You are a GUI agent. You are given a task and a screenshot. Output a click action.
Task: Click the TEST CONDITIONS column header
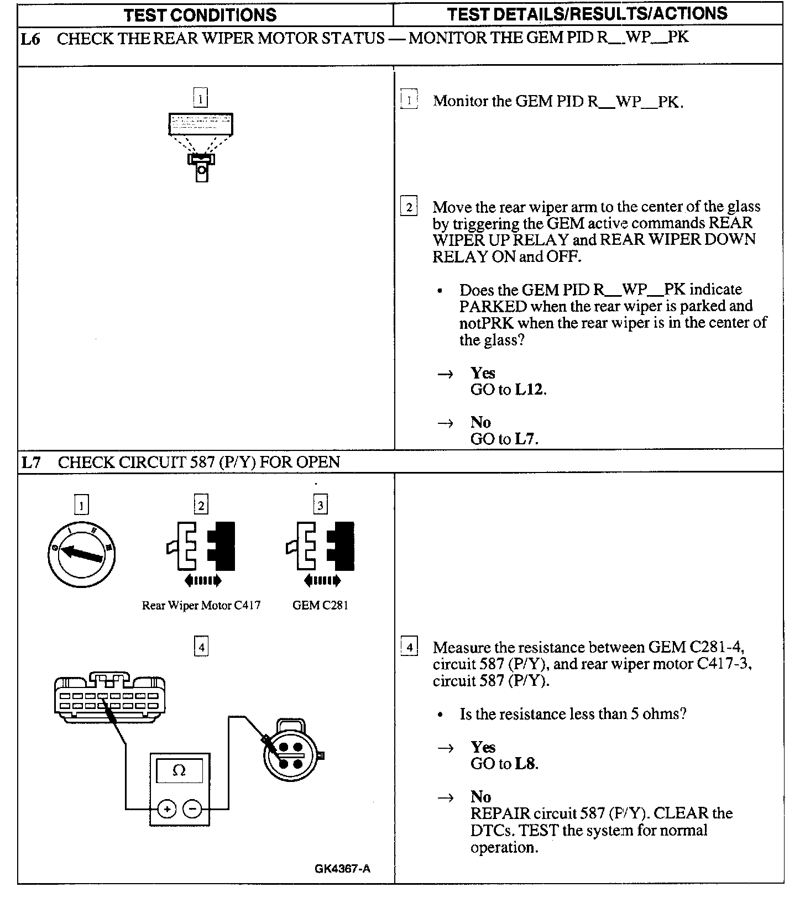[x=200, y=14]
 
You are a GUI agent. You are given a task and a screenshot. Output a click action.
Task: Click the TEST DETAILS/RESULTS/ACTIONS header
[x=587, y=14]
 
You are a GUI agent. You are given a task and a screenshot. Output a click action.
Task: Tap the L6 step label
[x=30, y=39]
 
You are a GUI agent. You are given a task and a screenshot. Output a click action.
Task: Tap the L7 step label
[x=31, y=462]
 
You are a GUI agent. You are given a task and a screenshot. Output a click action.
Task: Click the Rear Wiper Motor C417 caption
[x=201, y=605]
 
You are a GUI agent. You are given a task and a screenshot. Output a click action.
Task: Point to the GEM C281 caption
[x=320, y=605]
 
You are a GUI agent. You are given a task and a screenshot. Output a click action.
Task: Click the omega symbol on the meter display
[x=179, y=770]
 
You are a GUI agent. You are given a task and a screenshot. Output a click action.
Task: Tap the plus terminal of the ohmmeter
[x=167, y=809]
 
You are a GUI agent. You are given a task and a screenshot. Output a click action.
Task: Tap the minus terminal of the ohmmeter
[x=192, y=809]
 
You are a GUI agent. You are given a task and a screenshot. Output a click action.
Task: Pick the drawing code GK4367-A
[x=342, y=869]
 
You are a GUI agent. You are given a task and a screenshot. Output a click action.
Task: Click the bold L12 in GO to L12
[x=529, y=390]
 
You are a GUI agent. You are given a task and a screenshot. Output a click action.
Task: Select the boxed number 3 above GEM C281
[x=320, y=505]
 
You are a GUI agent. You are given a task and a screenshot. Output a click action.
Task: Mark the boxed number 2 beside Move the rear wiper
[x=409, y=207]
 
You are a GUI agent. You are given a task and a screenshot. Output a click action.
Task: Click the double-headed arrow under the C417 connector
[x=202, y=580]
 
